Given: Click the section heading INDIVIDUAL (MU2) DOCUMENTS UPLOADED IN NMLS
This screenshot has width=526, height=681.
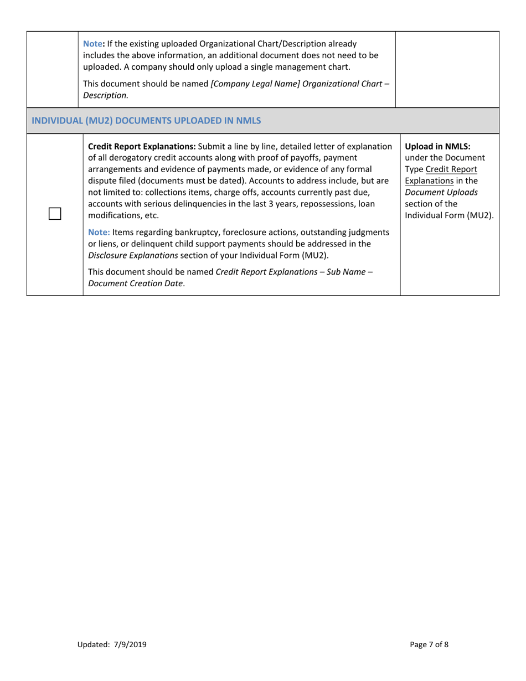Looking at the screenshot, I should pyautogui.click(x=147, y=120).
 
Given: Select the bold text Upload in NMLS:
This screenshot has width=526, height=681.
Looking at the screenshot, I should pyautogui.click(x=437, y=147).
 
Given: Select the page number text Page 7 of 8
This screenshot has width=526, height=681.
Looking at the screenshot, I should pyautogui.click(x=429, y=644).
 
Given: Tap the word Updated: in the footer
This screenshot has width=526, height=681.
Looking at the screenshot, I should pyautogui.click(x=94, y=644).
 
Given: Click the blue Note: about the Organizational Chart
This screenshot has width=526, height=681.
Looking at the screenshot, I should pyautogui.click(x=92, y=44).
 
